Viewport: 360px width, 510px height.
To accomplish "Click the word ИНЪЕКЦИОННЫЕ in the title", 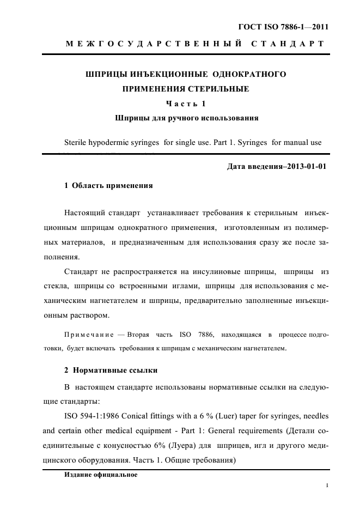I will [x=172, y=73].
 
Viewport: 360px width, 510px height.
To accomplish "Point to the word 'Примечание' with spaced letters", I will [x=88, y=333].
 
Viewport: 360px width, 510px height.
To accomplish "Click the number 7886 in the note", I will [x=208, y=333].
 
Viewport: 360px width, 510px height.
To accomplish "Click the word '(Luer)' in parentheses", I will [x=232, y=416].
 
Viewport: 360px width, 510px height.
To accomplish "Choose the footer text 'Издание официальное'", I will [x=101, y=474].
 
